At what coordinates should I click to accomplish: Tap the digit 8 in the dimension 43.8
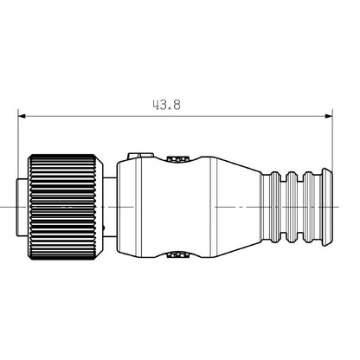point(175,104)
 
